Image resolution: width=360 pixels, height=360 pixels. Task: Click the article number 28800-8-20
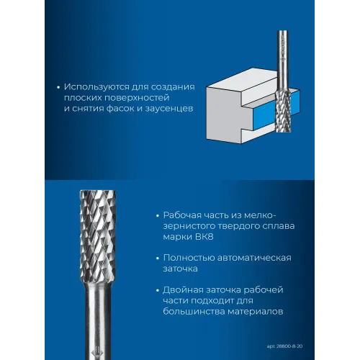(x=289, y=346)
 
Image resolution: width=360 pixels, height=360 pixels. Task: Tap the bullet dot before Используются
(x=58, y=88)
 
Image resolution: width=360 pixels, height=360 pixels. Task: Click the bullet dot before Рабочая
(x=158, y=216)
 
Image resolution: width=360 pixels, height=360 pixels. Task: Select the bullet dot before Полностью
(x=158, y=258)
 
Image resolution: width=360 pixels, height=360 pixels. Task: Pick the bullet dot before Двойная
(x=158, y=291)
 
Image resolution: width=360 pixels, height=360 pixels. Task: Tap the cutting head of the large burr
(x=98, y=235)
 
